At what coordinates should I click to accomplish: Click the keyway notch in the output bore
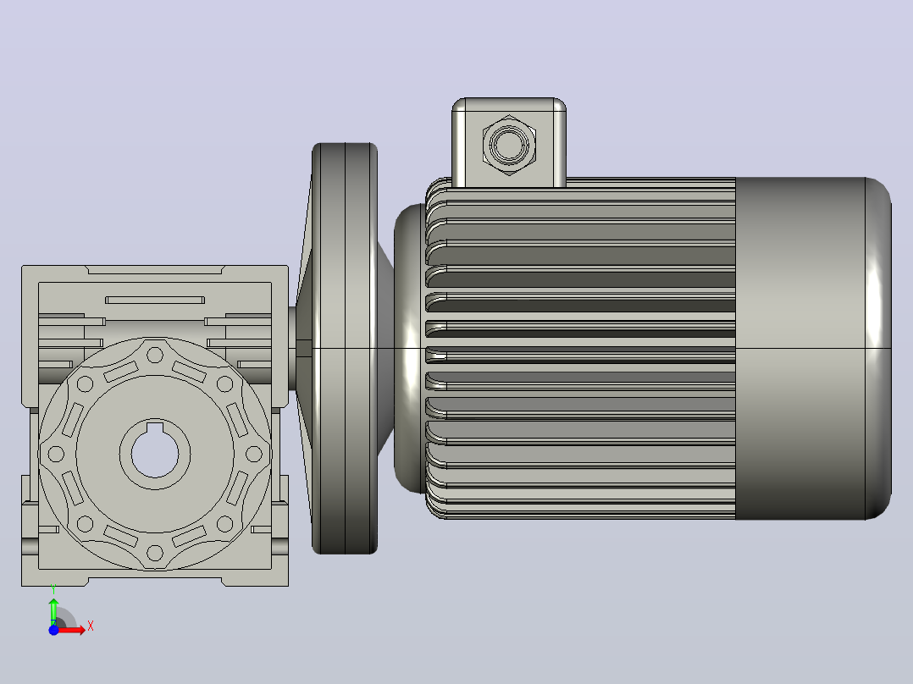155,428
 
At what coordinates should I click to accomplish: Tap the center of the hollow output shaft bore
155,454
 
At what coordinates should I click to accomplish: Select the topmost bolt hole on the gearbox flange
155,355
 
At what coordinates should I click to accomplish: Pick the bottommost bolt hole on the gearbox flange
155,553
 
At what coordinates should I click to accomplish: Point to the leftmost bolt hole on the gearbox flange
56,454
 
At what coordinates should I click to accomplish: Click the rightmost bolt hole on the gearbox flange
254,454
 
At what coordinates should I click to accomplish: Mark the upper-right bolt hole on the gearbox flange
224,384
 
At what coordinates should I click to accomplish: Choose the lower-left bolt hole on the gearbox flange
85,524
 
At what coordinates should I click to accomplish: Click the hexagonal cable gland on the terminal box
510,145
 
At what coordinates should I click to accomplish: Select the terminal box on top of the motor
509,142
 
